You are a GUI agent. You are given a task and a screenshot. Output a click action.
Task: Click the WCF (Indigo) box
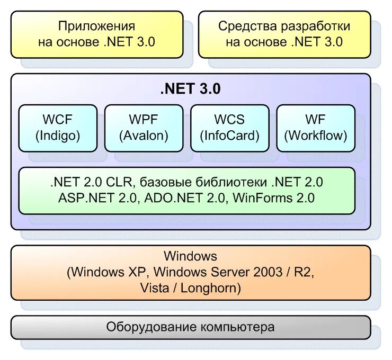58,128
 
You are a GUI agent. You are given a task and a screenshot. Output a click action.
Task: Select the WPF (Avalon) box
144,128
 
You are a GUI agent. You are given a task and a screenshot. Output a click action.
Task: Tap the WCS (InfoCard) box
229,128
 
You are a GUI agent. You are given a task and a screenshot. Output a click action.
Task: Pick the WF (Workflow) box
316,128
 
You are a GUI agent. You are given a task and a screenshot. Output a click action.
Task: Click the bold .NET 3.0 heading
190,89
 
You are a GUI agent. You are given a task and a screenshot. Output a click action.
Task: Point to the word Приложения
96,26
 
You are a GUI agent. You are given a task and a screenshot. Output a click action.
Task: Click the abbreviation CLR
120,183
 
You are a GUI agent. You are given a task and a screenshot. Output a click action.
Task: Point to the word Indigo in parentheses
58,136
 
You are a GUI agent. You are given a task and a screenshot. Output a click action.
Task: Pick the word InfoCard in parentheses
230,136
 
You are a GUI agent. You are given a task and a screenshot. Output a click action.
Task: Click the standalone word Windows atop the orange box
190,256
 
